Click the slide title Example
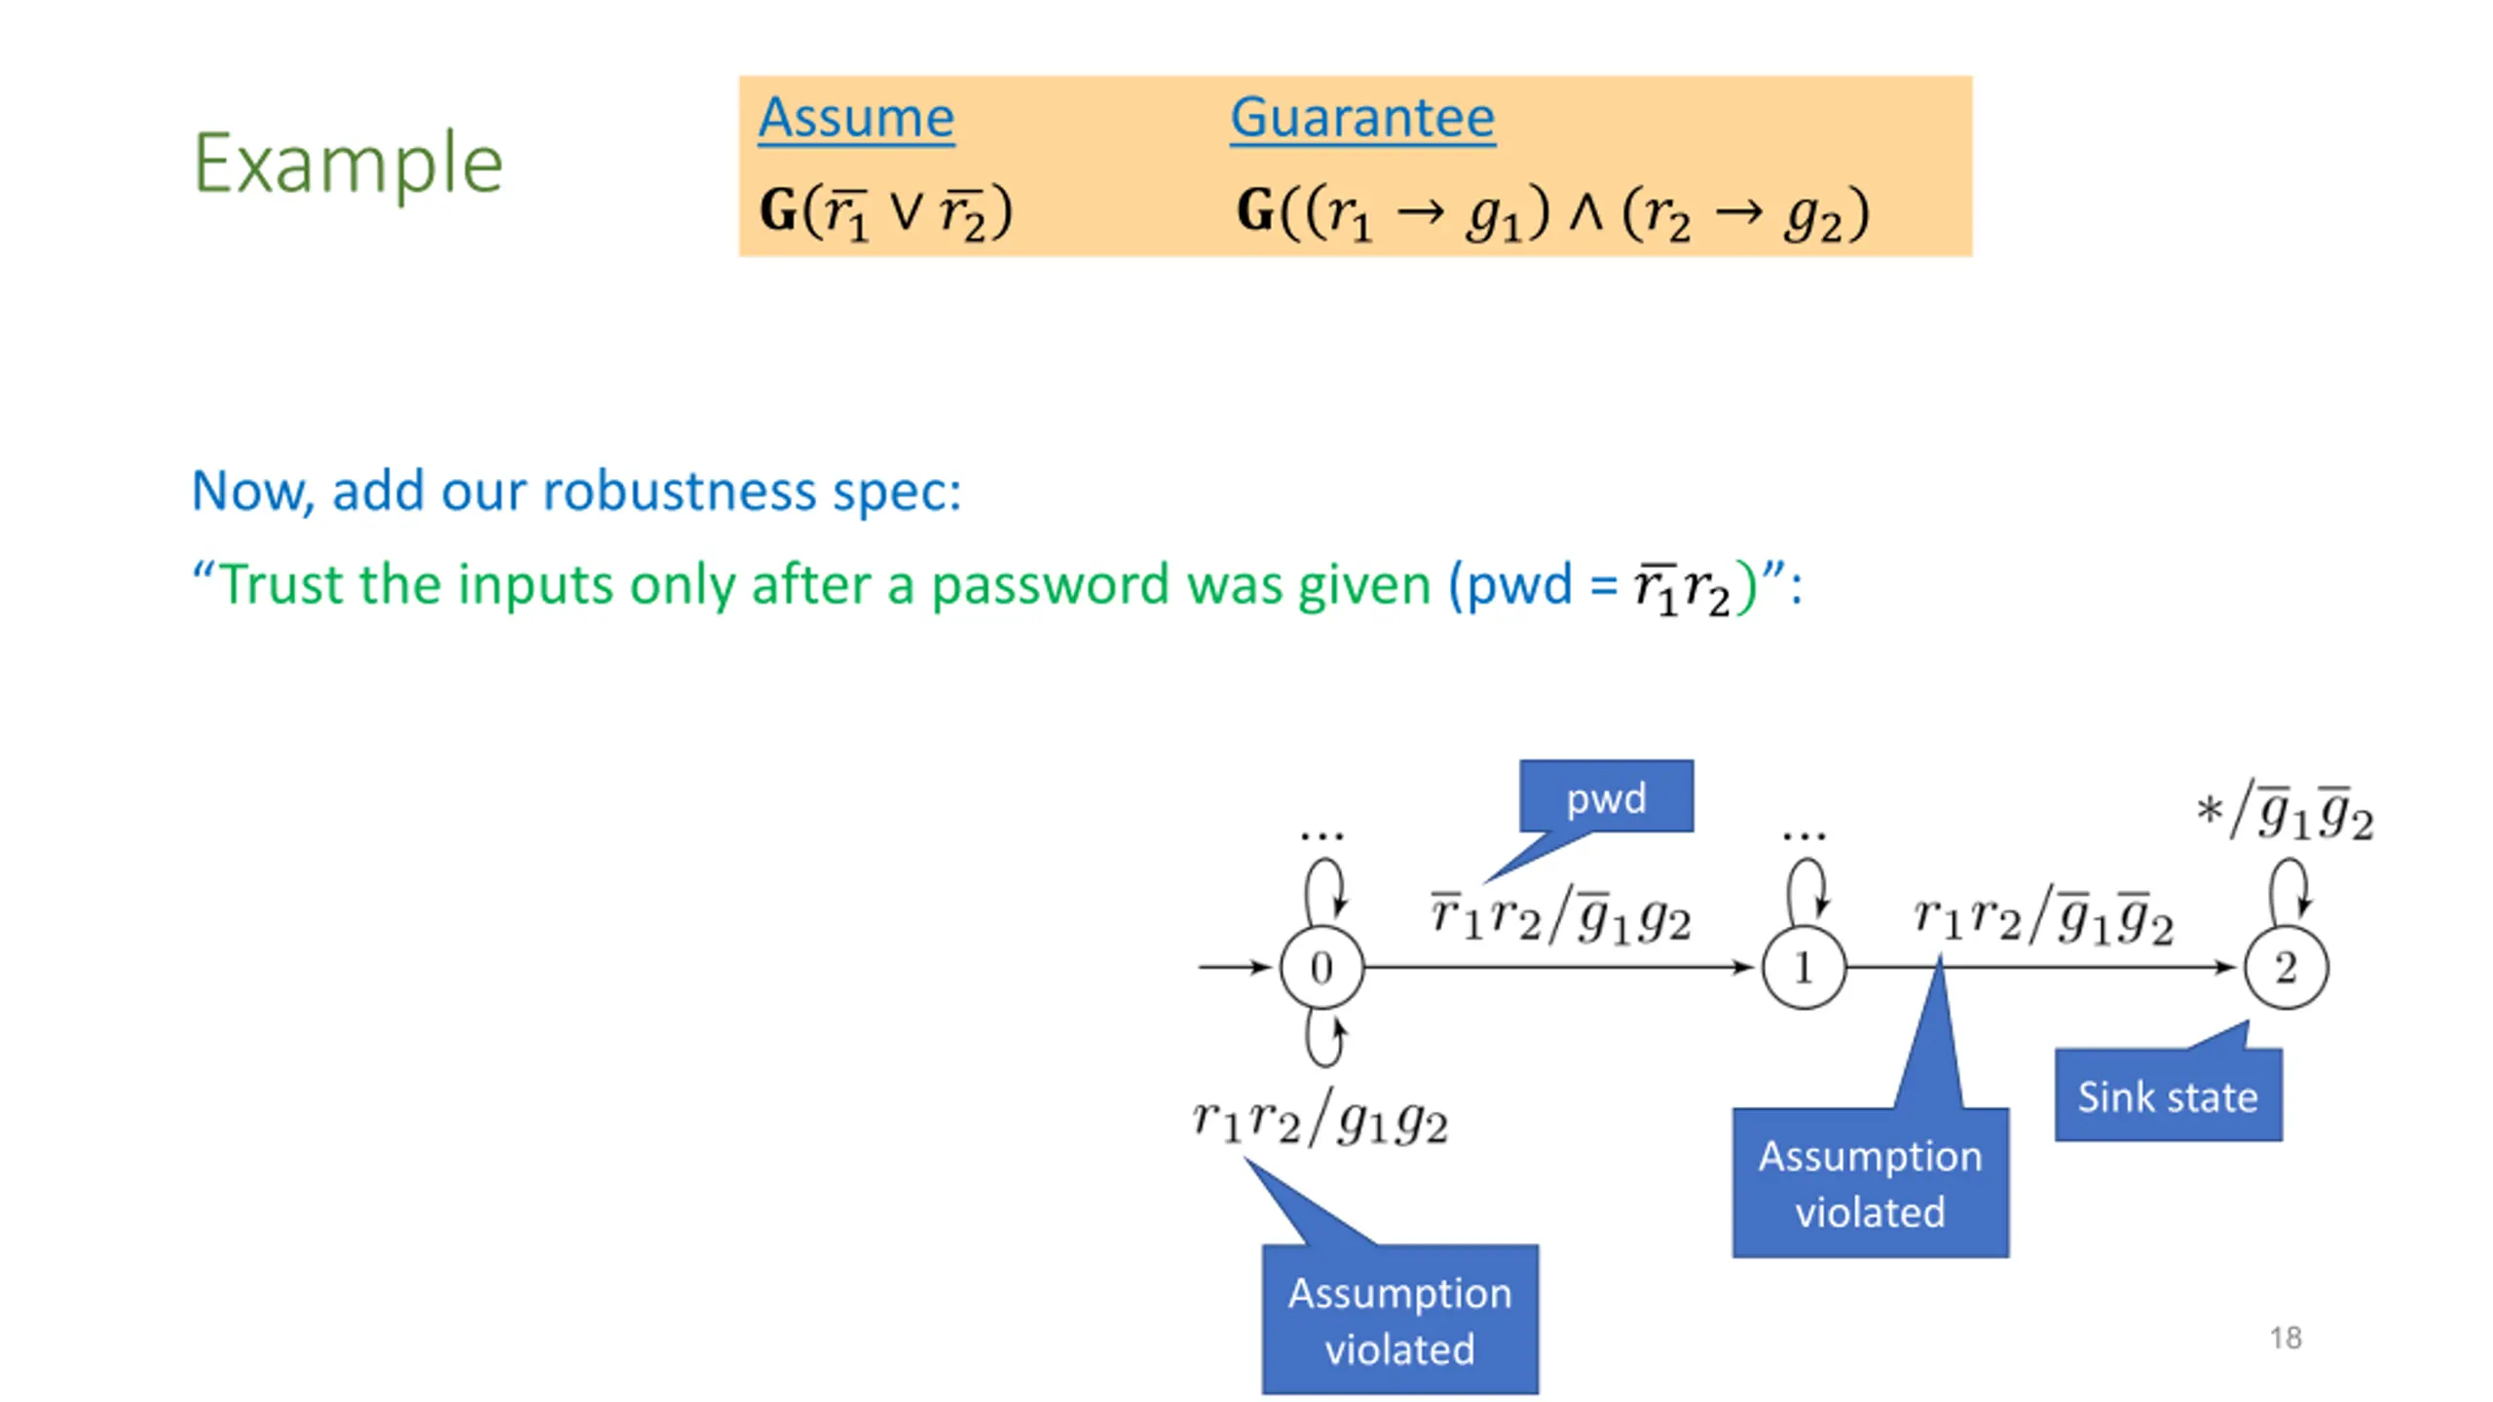(348, 164)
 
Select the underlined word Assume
(856, 119)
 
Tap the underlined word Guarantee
(1362, 119)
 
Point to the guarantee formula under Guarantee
(1553, 212)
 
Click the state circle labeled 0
(1321, 967)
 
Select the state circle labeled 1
(1804, 967)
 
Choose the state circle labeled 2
(2286, 967)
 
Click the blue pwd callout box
(1606, 796)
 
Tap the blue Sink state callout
(2168, 1094)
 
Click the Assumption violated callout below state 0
(1399, 1319)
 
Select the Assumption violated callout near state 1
(1870, 1183)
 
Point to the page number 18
(2286, 1338)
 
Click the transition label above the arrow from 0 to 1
(1561, 916)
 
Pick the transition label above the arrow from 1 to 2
(2043, 916)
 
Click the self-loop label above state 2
(2285, 814)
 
